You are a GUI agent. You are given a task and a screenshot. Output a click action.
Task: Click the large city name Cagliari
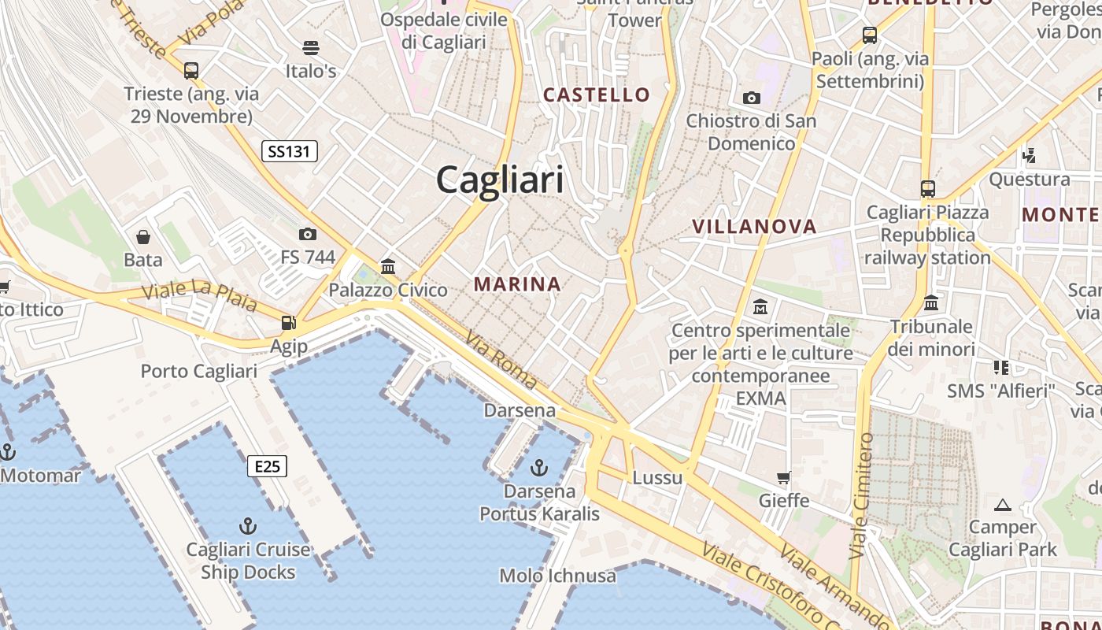(x=500, y=180)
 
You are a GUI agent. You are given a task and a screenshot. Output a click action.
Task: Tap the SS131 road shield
(x=289, y=151)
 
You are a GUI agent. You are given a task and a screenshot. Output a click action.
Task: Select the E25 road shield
(x=267, y=466)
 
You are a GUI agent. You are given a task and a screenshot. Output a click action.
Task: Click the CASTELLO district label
(x=597, y=95)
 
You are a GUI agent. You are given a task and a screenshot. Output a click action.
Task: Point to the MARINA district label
(x=517, y=284)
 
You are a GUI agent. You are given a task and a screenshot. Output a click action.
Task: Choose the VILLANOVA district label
(x=754, y=227)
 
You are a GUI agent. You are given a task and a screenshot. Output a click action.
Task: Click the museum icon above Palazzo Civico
(x=387, y=267)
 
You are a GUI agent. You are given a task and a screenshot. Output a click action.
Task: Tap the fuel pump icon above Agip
(x=289, y=323)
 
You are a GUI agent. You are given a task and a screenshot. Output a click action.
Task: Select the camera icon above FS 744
(x=308, y=234)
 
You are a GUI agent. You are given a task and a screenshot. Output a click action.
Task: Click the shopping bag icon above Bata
(x=143, y=237)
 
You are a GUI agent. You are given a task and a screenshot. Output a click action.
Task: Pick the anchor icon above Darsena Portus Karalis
(x=539, y=469)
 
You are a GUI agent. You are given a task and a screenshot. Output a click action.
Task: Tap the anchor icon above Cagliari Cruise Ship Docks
(x=248, y=525)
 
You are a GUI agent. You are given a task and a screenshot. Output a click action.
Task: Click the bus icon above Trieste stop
(x=191, y=71)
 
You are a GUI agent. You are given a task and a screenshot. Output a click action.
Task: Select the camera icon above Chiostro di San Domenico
(x=752, y=98)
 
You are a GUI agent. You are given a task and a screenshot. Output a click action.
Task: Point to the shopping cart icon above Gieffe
(x=783, y=478)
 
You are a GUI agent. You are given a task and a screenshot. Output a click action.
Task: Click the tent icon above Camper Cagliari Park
(x=1002, y=505)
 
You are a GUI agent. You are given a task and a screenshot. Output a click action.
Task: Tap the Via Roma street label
(x=501, y=360)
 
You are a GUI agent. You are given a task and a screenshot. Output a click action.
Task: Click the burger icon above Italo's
(x=311, y=48)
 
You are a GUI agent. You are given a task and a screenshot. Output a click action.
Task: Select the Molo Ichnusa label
(x=557, y=576)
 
